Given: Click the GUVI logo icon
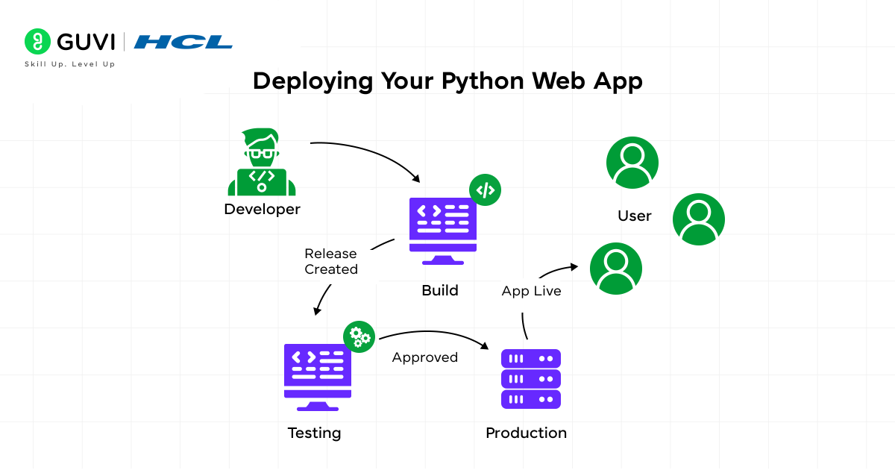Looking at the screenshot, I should click(37, 41).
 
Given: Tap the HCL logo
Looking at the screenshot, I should click(183, 42).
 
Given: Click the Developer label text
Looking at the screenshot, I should click(262, 210).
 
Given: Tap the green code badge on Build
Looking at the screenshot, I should click(485, 190).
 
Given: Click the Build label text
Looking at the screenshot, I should click(440, 290).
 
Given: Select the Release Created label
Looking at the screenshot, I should click(331, 261).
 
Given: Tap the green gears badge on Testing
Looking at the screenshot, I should click(359, 337).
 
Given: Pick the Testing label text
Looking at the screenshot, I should click(314, 433).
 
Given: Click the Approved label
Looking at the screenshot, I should click(425, 357).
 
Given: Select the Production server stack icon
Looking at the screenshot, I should click(530, 379).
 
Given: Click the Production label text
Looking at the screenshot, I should click(526, 433).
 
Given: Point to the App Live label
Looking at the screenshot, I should click(531, 291).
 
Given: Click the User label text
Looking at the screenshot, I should click(635, 216).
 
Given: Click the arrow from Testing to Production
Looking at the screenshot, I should click(433, 333).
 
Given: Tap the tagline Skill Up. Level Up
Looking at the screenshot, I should click(69, 64).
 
